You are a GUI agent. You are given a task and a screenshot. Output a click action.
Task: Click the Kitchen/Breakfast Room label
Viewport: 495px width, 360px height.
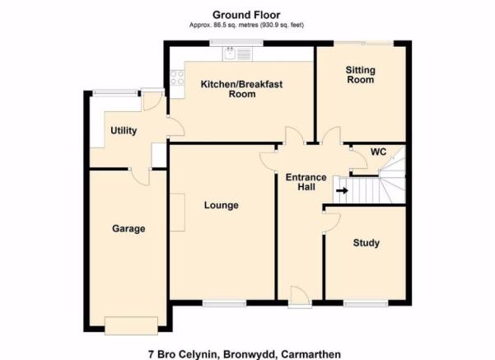[242, 89]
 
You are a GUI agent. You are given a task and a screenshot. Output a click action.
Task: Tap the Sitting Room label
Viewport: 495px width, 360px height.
[360, 75]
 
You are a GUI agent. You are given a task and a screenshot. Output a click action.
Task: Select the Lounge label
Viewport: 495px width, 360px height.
[222, 205]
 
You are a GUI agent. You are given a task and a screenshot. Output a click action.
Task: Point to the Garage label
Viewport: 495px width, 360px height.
[128, 228]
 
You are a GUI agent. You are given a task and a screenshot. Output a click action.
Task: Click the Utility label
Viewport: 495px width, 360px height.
[124, 130]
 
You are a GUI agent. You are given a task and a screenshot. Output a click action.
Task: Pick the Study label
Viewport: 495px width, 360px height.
[367, 243]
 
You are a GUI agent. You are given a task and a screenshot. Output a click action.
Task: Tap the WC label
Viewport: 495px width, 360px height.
[378, 152]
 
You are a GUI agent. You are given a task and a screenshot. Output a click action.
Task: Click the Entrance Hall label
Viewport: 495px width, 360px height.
[306, 182]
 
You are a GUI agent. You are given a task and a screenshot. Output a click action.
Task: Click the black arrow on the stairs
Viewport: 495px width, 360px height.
[342, 191]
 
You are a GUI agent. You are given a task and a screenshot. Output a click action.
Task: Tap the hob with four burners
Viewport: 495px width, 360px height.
[177, 77]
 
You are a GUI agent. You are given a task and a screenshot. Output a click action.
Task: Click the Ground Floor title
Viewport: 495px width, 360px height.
[246, 15]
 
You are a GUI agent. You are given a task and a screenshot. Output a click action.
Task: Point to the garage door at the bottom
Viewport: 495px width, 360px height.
[131, 325]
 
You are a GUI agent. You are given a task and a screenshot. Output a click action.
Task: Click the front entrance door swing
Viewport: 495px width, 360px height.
[300, 296]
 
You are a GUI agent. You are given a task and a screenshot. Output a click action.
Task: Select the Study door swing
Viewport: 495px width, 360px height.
[332, 222]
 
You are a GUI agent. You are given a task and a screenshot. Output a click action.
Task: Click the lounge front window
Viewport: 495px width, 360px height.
[224, 304]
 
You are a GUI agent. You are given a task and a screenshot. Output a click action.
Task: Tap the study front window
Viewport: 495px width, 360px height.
[366, 304]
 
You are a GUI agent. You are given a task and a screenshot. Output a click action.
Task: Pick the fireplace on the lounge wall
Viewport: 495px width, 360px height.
[177, 213]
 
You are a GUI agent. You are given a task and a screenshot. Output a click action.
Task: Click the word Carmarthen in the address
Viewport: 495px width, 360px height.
[311, 354]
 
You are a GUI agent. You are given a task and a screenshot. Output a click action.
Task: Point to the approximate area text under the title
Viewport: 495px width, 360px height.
[246, 26]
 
